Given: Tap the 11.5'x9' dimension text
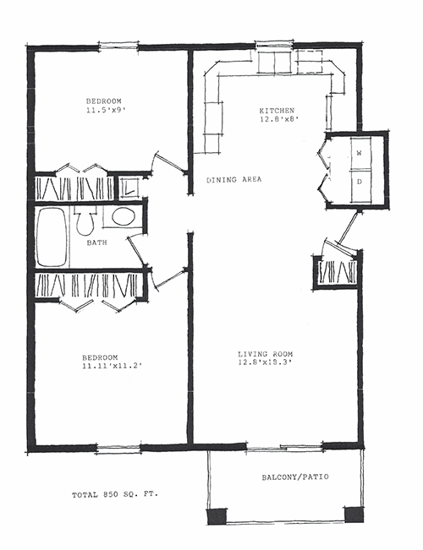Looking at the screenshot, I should coord(106,109).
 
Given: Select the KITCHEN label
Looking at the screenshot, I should coord(276,111).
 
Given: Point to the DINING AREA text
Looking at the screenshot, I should coord(234,180).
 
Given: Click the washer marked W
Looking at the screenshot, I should coord(360,153).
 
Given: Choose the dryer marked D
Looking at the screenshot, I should coord(360,181).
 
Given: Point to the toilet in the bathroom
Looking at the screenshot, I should coord(84,223).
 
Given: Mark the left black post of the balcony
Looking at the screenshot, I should coord(217,515).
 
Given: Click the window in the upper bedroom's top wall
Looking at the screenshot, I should coord(118,46).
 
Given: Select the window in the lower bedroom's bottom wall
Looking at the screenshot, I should coord(118,448).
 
